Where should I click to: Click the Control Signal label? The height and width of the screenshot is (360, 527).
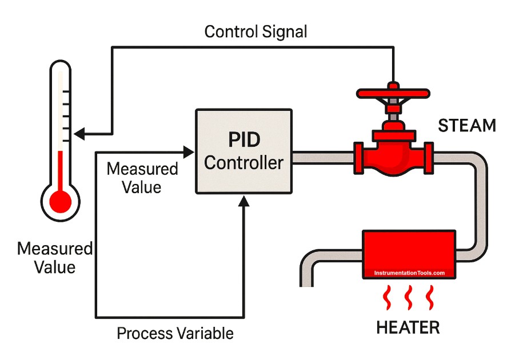tap(255, 31)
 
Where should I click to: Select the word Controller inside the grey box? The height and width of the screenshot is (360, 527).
tap(244, 163)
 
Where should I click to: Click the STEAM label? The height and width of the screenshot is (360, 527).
tap(467, 126)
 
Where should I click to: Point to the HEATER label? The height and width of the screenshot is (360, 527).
tap(408, 327)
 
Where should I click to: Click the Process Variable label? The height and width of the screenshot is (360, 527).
tap(175, 333)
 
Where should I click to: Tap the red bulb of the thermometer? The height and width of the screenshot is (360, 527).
tap(60, 201)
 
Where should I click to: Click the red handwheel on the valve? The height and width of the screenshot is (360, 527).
tap(393, 92)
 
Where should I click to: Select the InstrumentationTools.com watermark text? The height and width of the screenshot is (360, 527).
tap(409, 273)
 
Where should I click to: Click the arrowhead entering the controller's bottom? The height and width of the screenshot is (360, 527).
tap(244, 199)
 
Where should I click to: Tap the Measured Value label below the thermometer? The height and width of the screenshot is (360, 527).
tap(54, 258)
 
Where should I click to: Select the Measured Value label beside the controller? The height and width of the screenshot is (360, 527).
tap(142, 178)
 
